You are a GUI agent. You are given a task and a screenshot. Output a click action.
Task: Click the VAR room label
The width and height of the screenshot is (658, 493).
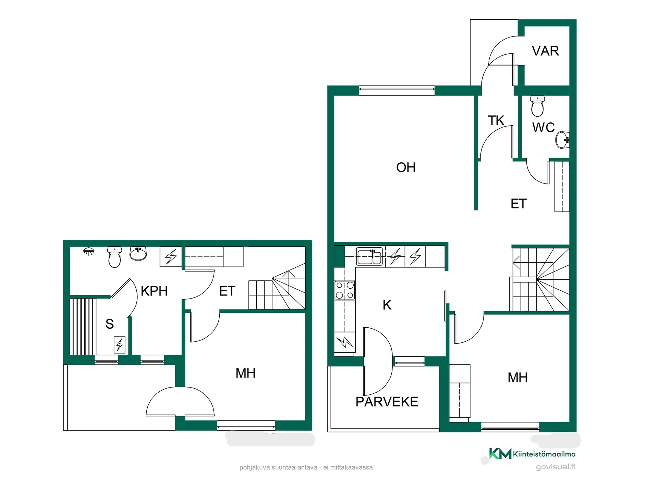click(x=545, y=51)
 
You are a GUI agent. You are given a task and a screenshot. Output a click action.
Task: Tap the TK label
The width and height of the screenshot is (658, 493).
click(x=496, y=121)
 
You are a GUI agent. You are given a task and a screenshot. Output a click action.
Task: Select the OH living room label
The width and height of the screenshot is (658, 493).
click(x=406, y=167)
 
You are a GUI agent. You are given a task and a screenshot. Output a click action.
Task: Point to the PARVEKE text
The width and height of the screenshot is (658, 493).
click(x=387, y=402)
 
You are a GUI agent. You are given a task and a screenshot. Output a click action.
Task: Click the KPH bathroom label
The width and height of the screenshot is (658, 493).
click(x=154, y=291)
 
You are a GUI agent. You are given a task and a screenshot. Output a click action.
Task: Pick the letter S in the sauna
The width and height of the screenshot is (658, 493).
click(x=110, y=324)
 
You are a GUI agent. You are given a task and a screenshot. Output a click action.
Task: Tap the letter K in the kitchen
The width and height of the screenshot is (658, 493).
click(x=387, y=305)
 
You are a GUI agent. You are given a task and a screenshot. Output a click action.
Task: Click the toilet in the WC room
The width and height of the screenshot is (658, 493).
click(x=537, y=106)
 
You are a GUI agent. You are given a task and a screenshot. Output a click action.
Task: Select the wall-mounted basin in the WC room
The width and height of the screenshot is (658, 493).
click(x=562, y=140)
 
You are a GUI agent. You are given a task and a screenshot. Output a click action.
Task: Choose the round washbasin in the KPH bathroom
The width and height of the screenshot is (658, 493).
click(x=138, y=254)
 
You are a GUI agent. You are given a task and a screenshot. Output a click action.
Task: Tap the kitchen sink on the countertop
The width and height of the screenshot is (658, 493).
click(x=369, y=256)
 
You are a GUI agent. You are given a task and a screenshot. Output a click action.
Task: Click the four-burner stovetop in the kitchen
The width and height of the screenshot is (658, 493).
click(x=345, y=290)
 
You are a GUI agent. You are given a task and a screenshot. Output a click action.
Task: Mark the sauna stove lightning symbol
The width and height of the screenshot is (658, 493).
click(x=120, y=344)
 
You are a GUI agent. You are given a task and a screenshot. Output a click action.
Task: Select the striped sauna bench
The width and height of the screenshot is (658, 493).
click(x=83, y=327)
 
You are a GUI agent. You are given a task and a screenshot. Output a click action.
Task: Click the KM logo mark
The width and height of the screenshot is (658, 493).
click(x=500, y=453)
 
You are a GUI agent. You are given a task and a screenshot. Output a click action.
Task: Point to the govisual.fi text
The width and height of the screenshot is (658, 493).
click(x=556, y=467)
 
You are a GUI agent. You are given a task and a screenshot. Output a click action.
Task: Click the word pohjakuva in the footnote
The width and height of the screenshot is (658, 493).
click(x=255, y=468)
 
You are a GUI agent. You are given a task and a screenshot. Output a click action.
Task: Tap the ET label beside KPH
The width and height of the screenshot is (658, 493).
click(x=227, y=291)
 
